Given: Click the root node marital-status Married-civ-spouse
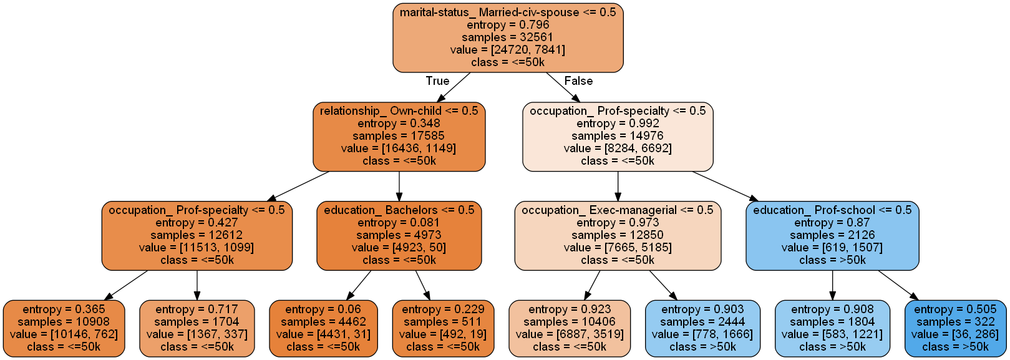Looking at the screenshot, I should (x=508, y=37).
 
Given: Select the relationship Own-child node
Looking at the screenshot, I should (x=399, y=136).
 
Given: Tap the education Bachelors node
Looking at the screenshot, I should (x=399, y=235).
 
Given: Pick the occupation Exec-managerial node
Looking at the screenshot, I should (x=618, y=235).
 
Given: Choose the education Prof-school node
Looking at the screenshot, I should (x=832, y=235).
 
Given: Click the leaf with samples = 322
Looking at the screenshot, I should (x=954, y=328).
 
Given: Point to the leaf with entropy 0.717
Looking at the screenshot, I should (x=197, y=328).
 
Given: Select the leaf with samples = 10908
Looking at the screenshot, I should (x=64, y=328).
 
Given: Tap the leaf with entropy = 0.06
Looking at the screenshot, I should (x=323, y=328).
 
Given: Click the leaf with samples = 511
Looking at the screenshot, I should (x=442, y=328).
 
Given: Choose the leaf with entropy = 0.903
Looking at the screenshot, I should (x=702, y=328).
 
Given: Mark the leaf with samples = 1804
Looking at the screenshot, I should (x=832, y=328).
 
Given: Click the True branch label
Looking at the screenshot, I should (x=437, y=81).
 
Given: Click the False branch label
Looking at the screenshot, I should (x=578, y=81).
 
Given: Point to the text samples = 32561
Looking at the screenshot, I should (x=508, y=37).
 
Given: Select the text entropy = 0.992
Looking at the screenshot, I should (x=618, y=124).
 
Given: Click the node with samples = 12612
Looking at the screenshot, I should (x=197, y=235).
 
